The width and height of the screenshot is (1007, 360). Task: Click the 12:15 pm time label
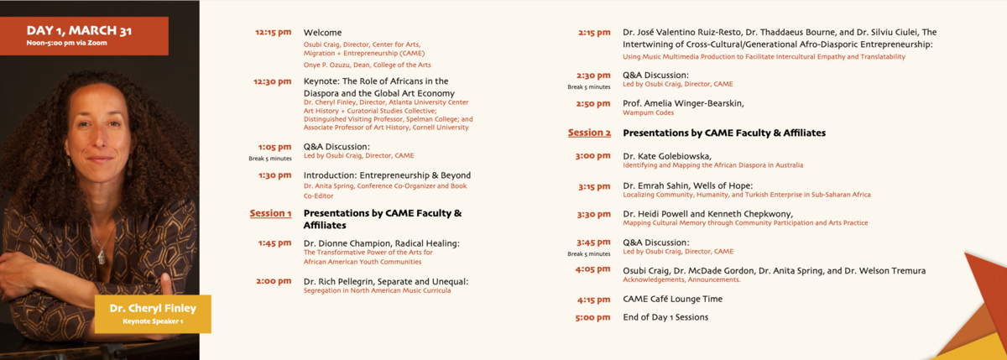[273, 33]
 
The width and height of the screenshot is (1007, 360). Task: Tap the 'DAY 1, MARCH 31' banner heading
[79, 30]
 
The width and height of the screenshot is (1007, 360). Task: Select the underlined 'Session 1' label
[270, 213]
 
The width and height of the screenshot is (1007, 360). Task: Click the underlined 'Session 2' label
[589, 133]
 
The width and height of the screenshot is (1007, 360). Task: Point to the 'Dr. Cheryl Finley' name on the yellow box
[153, 308]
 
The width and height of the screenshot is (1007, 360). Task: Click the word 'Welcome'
[322, 33]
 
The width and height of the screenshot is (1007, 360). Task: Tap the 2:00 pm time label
[274, 281]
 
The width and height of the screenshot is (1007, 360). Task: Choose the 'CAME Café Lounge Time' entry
[672, 299]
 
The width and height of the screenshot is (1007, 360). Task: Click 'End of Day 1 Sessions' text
[665, 317]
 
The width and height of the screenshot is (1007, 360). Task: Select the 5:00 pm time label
[593, 318]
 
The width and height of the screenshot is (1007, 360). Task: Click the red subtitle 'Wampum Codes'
[648, 112]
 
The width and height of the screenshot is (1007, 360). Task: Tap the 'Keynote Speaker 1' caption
[153, 321]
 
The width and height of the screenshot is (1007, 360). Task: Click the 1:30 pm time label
[274, 175]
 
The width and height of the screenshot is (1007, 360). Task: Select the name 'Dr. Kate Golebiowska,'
[667, 156]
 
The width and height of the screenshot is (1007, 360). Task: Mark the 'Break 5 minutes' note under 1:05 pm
[270, 159]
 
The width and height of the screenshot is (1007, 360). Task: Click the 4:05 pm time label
[593, 269]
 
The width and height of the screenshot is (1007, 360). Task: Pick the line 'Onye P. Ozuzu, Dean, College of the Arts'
[367, 65]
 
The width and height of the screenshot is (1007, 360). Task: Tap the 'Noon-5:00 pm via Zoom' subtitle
[66, 43]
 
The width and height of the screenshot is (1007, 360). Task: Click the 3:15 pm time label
[594, 186]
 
